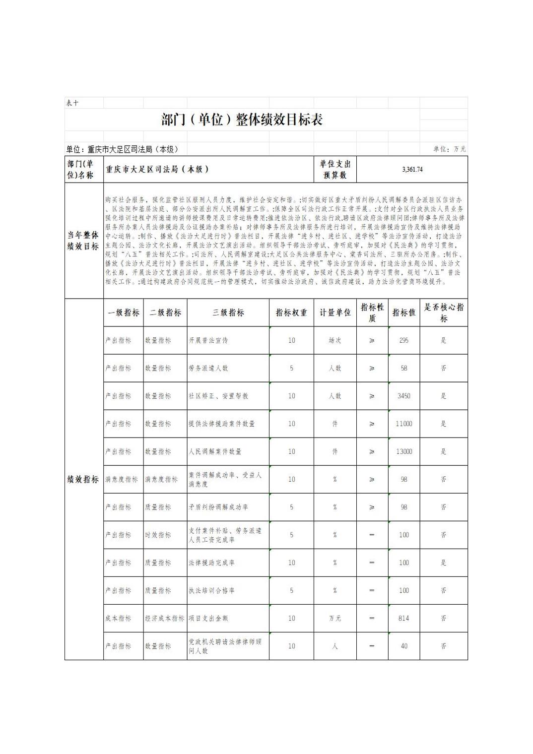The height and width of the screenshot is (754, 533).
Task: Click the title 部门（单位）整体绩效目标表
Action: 242,120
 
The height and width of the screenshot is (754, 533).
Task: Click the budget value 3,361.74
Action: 412,170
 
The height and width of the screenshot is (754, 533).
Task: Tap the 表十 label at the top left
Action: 72,103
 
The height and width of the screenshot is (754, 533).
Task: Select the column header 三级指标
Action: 228,313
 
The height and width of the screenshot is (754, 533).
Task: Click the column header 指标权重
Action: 291,313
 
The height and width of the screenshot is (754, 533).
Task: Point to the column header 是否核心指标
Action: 444,313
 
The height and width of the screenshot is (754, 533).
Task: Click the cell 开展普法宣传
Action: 208,341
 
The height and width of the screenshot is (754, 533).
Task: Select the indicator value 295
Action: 404,341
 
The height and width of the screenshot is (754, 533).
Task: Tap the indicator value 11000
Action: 404,424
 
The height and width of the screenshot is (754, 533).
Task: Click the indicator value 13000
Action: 404,452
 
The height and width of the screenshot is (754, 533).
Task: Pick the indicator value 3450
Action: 404,396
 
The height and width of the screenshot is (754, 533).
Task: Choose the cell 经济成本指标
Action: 165,619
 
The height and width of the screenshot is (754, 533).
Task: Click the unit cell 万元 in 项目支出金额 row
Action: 335,619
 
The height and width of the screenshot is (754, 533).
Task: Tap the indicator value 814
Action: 404,619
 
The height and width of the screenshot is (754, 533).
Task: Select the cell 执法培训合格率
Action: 211,591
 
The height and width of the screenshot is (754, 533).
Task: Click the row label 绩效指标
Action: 83,480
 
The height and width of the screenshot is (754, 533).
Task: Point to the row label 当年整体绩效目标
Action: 83,241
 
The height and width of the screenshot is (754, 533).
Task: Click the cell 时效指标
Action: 158,535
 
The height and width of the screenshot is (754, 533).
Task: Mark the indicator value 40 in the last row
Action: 404,646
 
